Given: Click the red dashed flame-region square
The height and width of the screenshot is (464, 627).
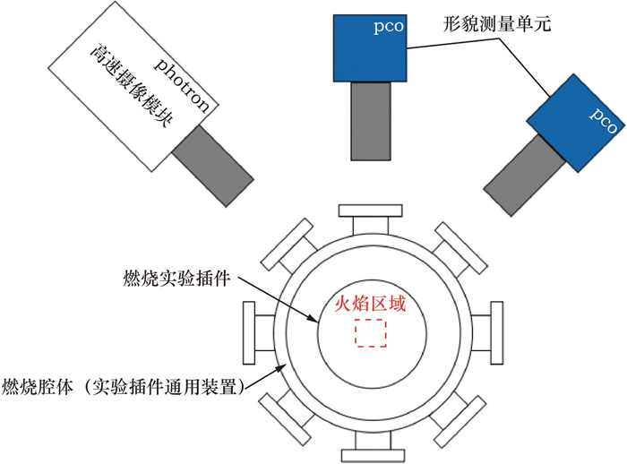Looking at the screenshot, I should coord(370,333).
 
